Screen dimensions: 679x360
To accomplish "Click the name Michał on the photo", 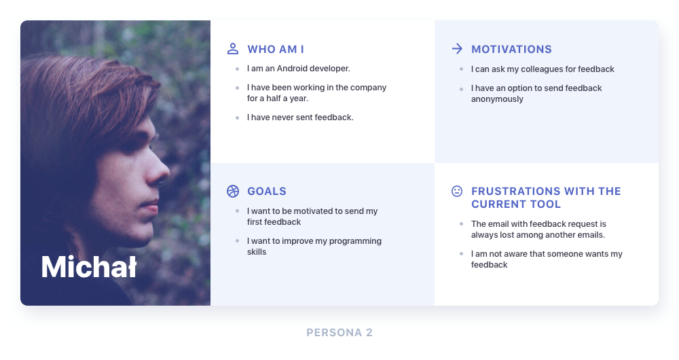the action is (89, 266).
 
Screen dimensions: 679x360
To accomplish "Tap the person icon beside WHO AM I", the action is (233, 48).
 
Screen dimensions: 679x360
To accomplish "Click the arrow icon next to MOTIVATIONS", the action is (457, 48).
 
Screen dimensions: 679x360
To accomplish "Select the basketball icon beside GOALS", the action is (233, 191).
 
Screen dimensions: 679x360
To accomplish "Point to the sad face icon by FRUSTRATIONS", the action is (457, 191).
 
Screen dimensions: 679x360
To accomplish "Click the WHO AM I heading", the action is (276, 50).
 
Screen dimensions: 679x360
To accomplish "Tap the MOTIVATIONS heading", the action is (511, 50).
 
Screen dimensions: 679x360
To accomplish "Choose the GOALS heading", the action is (267, 192).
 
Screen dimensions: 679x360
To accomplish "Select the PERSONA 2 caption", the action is (339, 333).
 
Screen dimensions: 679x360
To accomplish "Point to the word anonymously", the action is (497, 99).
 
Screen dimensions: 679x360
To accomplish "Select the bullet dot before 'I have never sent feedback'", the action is (237, 118).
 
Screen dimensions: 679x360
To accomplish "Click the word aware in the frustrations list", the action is (516, 254).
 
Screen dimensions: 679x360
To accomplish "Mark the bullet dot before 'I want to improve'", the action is (237, 241).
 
